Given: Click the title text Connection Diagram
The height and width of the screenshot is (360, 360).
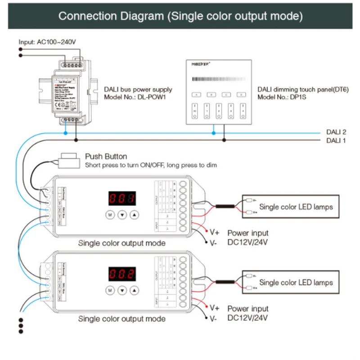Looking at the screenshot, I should click(111, 17).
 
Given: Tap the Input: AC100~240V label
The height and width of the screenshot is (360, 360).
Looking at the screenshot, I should click(47, 42).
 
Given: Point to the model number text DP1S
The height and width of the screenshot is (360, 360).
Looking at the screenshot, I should click(297, 97).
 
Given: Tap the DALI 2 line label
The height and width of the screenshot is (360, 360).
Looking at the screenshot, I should click(336, 132).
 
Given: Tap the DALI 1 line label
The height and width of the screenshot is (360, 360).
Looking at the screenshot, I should click(336, 140).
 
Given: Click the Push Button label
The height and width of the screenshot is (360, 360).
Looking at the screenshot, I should click(106, 157).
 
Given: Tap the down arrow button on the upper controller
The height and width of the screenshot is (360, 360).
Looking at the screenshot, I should click(121, 215).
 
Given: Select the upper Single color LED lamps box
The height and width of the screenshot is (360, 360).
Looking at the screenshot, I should click(291, 207).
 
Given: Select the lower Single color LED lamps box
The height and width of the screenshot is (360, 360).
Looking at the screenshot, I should click(291, 282).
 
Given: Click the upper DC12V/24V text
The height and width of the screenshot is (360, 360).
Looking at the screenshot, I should click(247, 242).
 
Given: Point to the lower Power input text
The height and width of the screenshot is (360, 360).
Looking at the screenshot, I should click(247, 309).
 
